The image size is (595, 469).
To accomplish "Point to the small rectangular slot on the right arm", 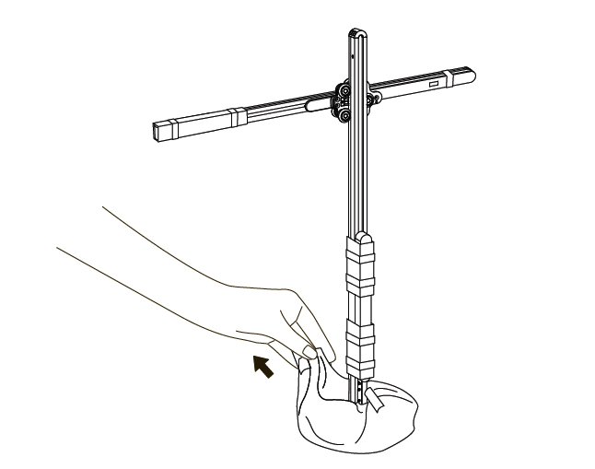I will pyautogui.click(x=433, y=84).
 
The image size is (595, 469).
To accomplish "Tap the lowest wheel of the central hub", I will pyautogui.click(x=344, y=114).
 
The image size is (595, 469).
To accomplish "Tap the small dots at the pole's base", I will pyautogui.click(x=360, y=393).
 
